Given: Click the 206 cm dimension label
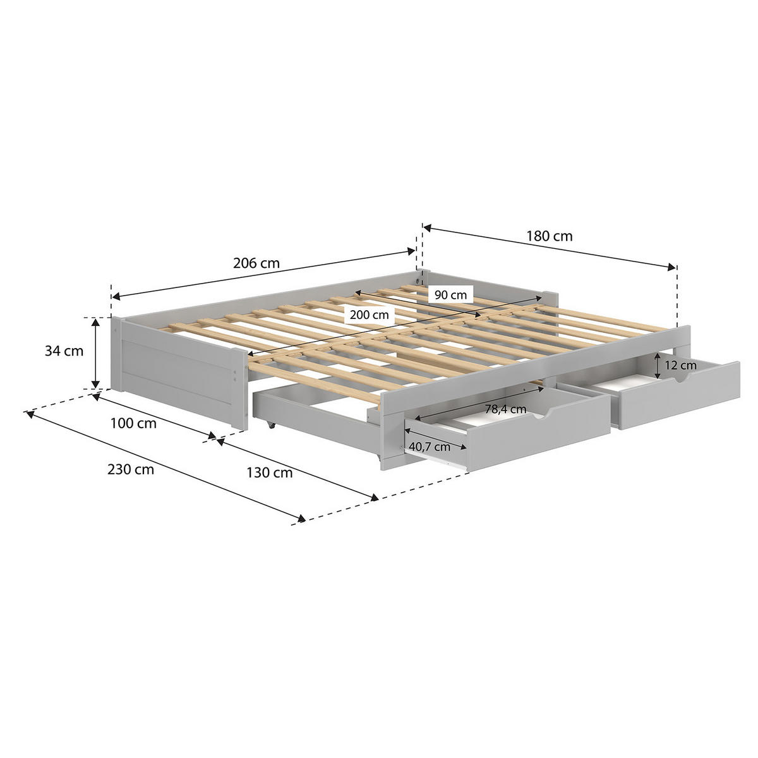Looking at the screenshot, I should pyautogui.click(x=256, y=263).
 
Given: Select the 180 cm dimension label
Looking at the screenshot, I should pyautogui.click(x=550, y=236).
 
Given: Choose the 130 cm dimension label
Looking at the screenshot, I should pyautogui.click(x=269, y=471).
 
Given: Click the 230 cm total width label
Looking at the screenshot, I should pyautogui.click(x=130, y=469).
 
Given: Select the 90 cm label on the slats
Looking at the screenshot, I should pyautogui.click(x=450, y=294).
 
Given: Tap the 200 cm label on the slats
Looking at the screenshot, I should pyautogui.click(x=368, y=314).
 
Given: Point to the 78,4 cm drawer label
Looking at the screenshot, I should pyautogui.click(x=505, y=409).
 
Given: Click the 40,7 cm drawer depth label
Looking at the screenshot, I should pyautogui.click(x=430, y=447).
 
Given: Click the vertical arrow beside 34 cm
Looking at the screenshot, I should pyautogui.click(x=95, y=353).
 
